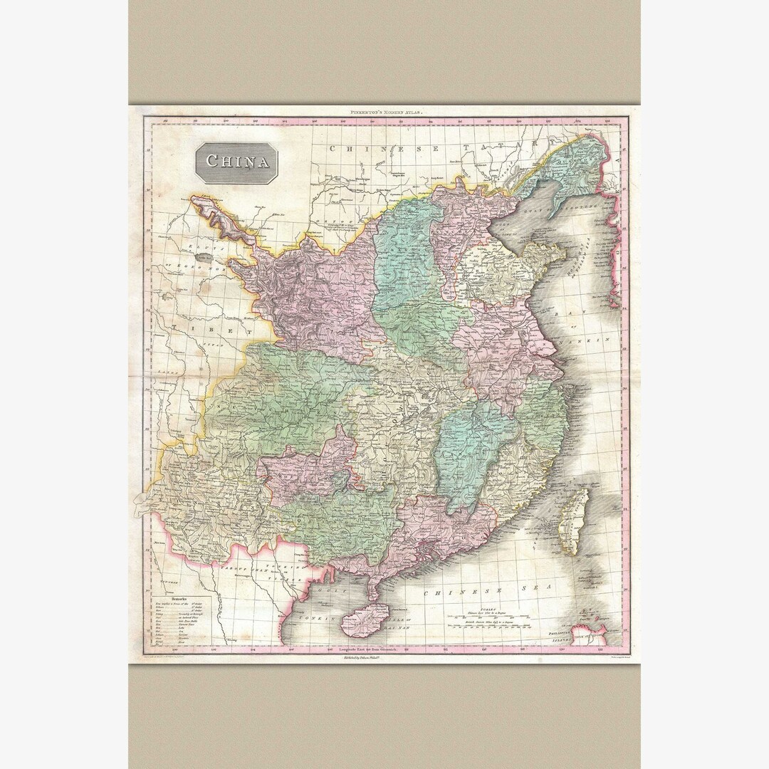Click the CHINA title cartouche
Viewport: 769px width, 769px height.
pos(238,162)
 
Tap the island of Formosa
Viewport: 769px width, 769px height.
pos(574,519)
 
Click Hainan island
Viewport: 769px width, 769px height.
pos(365,619)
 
